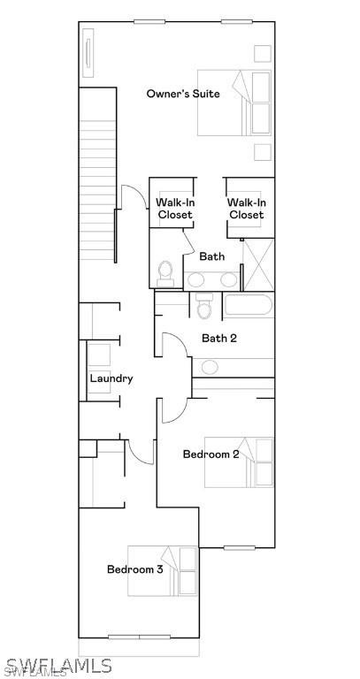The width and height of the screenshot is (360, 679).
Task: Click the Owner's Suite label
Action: coord(183,94)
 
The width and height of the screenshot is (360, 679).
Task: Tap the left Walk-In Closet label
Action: coord(174,209)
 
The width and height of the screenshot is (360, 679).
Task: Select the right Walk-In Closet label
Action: coord(246,209)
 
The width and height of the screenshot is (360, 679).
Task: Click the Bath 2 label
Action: coord(219,338)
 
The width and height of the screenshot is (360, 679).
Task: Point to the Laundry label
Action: coord(111,378)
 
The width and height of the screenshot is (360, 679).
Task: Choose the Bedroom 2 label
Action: coord(211,454)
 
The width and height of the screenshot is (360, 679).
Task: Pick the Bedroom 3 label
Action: coord(134,569)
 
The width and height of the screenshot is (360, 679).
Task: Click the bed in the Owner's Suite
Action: coord(234,103)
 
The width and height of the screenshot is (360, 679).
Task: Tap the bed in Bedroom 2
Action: coord(239,462)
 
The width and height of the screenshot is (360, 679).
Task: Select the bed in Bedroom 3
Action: coord(163,570)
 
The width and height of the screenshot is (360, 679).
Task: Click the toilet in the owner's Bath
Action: coord(165,273)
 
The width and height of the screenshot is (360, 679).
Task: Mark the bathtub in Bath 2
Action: coord(248,307)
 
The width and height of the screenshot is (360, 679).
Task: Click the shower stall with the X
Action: coord(257,263)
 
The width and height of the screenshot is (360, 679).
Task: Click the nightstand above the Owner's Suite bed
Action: coord(263,52)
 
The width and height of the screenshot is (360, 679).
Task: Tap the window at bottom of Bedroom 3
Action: coord(139,637)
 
